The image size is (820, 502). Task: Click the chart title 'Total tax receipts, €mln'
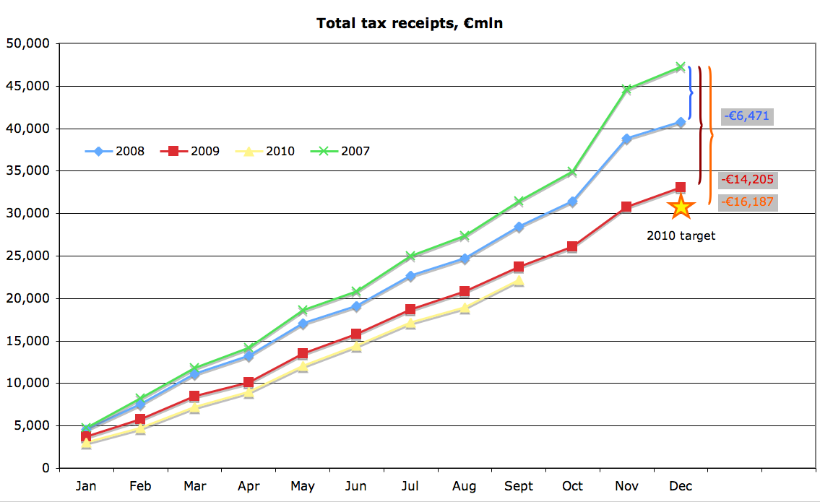[410, 24]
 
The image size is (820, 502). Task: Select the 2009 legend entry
[194, 151]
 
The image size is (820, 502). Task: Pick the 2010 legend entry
[268, 151]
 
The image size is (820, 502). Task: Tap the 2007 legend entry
[343, 151]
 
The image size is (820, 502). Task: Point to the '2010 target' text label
[681, 235]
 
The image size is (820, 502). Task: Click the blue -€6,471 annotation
[748, 116]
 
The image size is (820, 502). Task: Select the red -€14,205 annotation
[748, 180]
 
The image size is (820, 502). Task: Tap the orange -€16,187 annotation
[748, 202]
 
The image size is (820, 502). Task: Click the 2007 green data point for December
[681, 66]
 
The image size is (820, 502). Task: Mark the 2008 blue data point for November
[626, 139]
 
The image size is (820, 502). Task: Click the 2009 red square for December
[681, 187]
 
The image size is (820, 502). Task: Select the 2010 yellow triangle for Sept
[518, 281]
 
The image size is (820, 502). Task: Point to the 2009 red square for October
[572, 246]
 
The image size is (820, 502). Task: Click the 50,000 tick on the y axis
[27, 44]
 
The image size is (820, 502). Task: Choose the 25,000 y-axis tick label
[27, 256]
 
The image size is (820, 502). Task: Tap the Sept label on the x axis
[519, 486]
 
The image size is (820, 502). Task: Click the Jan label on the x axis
[86, 486]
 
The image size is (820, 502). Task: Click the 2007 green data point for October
[572, 172]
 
